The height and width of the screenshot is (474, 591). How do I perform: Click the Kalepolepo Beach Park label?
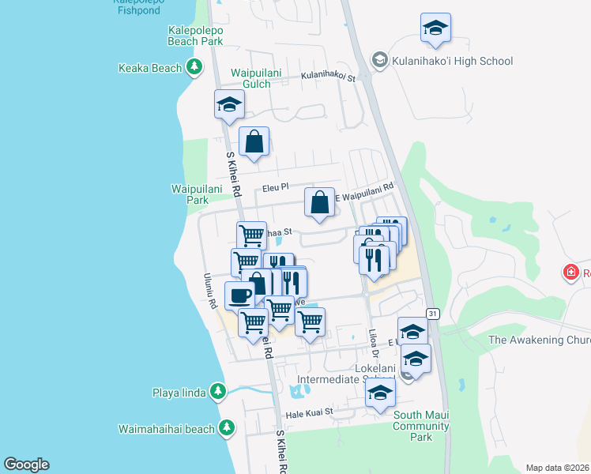pyautogui.click(x=196, y=35)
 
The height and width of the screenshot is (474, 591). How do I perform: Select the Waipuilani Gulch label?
pyautogui.click(x=256, y=78)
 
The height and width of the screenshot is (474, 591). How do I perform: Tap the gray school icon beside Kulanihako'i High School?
pyautogui.click(x=380, y=61)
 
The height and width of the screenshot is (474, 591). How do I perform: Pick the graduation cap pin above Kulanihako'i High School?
pyautogui.click(x=435, y=28)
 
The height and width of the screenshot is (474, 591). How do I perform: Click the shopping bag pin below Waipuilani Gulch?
pyautogui.click(x=254, y=142)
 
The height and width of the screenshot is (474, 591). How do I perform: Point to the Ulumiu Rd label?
pyautogui.click(x=211, y=291)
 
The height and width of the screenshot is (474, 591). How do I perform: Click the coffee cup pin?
pyautogui.click(x=240, y=295)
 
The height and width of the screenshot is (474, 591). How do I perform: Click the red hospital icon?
pyautogui.click(x=570, y=273)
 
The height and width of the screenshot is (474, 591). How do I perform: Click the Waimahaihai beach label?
pyautogui.click(x=166, y=429)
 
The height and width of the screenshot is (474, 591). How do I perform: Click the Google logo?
pyautogui.click(x=26, y=465)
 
